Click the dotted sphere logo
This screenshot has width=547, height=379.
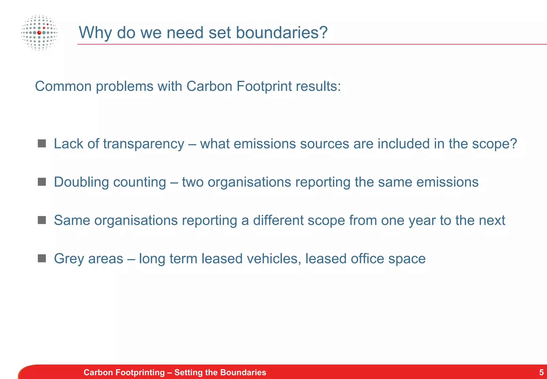39,33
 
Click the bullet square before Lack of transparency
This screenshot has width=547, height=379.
42,144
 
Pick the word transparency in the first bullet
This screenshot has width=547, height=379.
143,144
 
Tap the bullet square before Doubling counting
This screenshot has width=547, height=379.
42,182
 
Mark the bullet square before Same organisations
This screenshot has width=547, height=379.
42,220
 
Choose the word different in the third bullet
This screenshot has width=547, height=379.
278,221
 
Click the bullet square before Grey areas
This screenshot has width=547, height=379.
42,258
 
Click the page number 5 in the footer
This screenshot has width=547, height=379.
541,372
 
